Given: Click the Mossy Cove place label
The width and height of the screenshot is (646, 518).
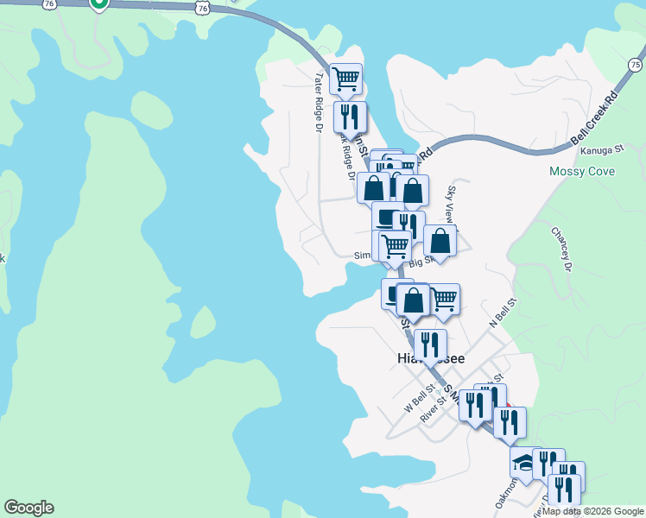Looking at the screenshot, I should pyautogui.click(x=582, y=171).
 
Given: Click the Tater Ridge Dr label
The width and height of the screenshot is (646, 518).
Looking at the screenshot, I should pyautogui.click(x=318, y=101).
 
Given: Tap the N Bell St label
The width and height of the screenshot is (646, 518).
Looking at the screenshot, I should pyautogui.click(x=503, y=312).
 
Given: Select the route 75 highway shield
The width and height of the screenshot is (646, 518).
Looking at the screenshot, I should pyautogui.click(x=636, y=65).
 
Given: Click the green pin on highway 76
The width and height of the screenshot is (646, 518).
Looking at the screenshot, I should pyautogui.click(x=99, y=4).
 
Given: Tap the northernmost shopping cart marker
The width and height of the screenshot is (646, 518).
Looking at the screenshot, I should pyautogui.click(x=345, y=79).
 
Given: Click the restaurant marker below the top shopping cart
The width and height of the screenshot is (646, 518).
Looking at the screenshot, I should pyautogui.click(x=350, y=116).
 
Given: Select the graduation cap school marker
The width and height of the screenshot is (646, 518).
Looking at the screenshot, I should pyautogui.click(x=524, y=463).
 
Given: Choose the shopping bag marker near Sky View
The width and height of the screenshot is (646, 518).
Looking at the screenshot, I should pyautogui.click(x=440, y=242).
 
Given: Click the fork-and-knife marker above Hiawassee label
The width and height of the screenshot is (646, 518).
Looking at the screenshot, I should pyautogui.click(x=429, y=344).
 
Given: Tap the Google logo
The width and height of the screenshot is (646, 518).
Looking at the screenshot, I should pyautogui.click(x=28, y=508).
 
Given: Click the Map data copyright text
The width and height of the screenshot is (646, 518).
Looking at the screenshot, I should pyautogui.click(x=593, y=511).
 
